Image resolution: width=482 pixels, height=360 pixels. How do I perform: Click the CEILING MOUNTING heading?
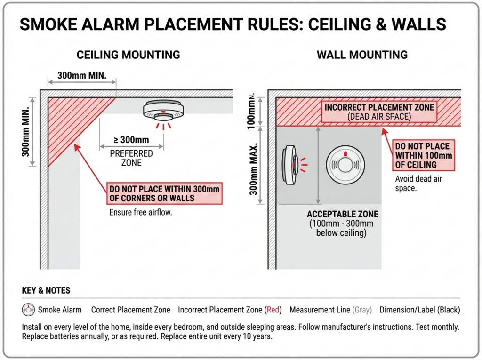pos(128,55)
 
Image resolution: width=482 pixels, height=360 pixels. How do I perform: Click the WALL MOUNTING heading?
pos(362,55)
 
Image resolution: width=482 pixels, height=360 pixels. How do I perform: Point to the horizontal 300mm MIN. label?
pos(80,75)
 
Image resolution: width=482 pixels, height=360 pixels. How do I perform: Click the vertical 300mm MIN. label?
pos(26,131)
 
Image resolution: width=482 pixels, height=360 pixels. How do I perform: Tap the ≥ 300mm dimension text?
pos(131,140)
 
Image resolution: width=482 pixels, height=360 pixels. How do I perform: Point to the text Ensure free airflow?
pos(141,212)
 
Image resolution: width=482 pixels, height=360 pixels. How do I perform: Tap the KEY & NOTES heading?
pos(46,290)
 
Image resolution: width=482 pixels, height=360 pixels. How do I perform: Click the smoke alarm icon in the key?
pos(28,310)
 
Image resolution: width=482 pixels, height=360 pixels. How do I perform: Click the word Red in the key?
pos(273,310)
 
